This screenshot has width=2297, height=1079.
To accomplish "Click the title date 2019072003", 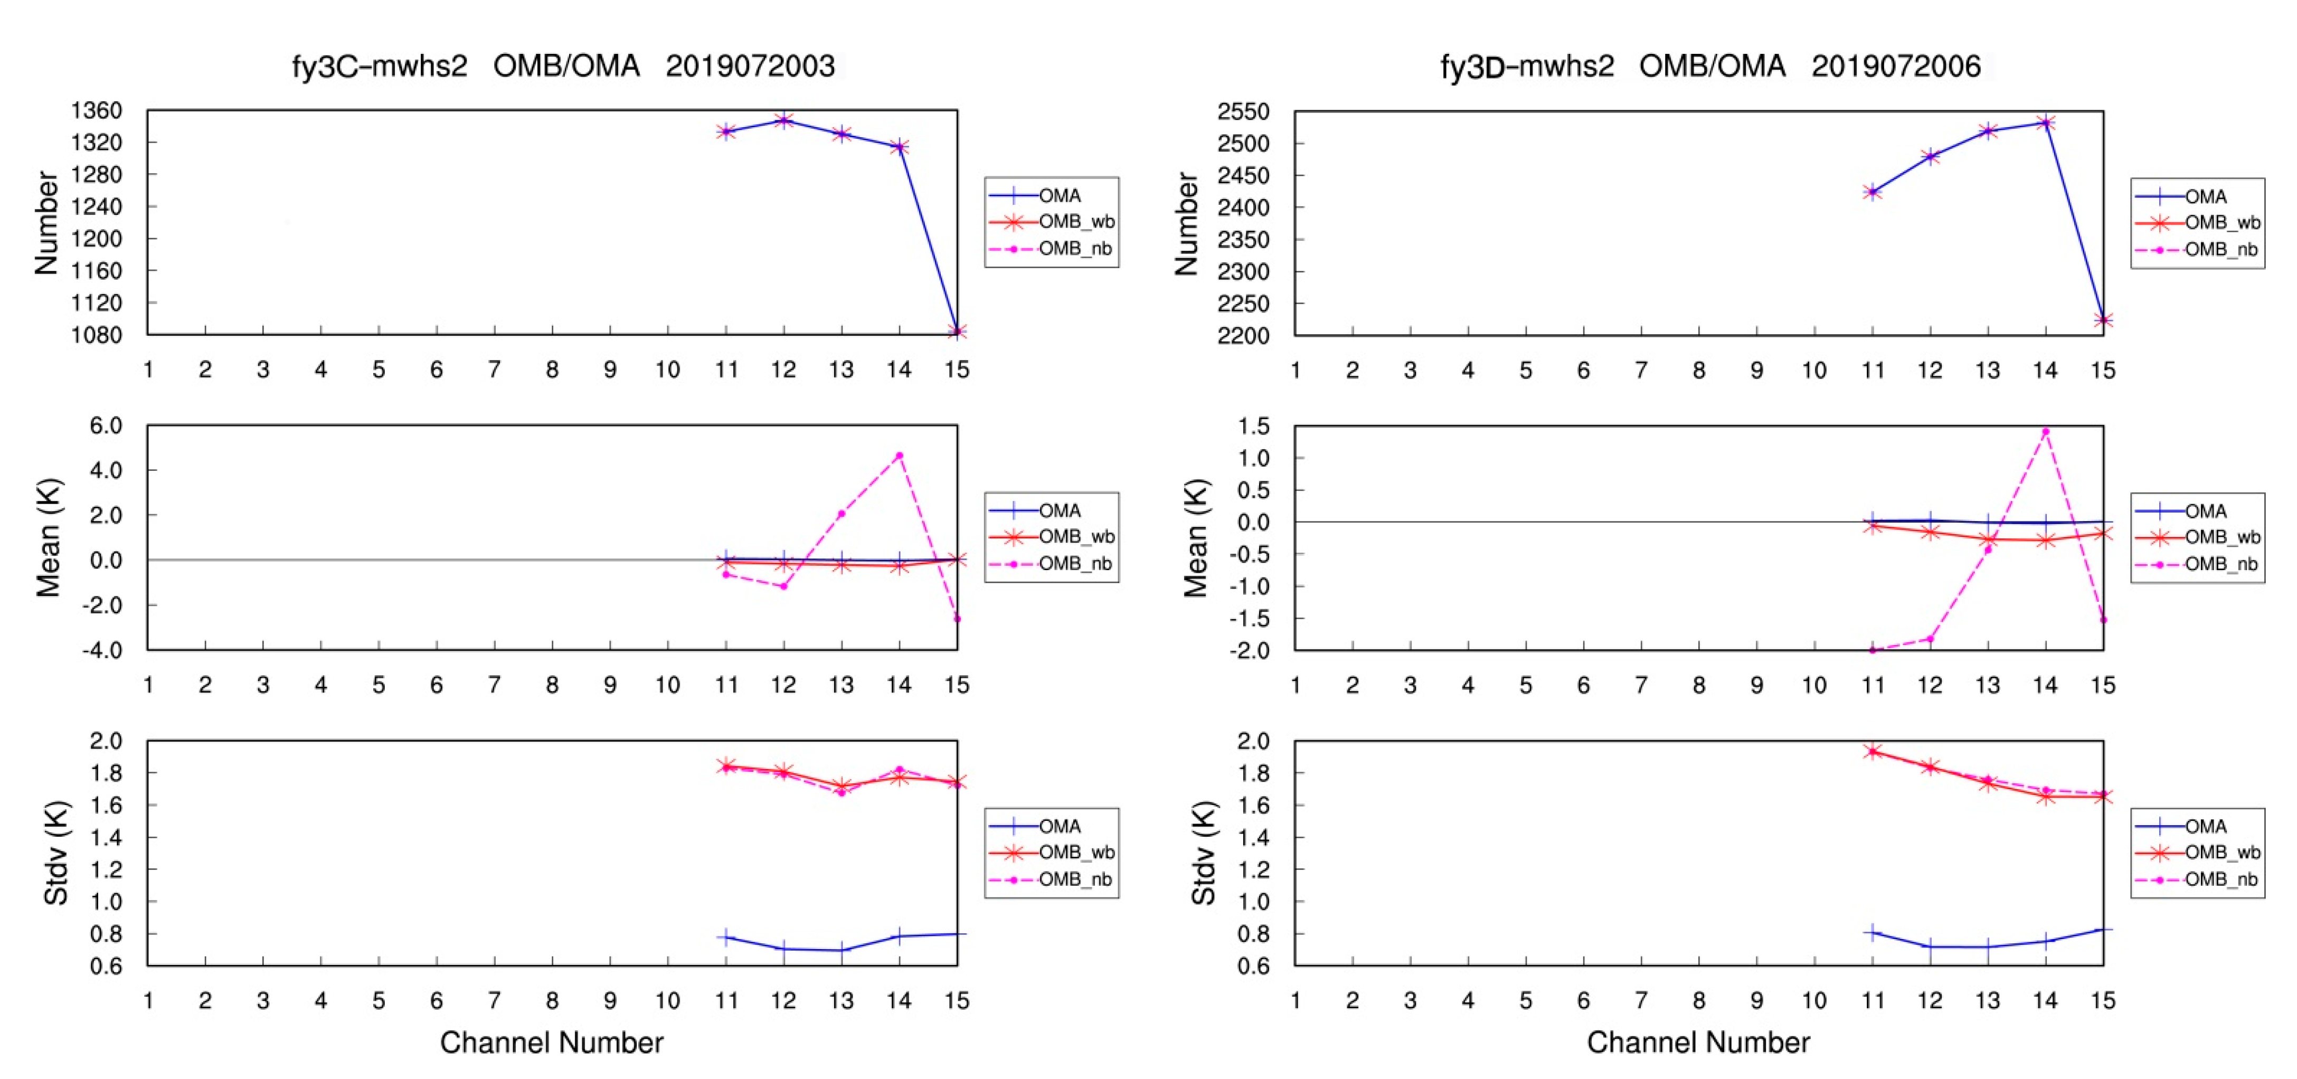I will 749,66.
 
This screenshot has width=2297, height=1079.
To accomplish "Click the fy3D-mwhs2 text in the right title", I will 1527,66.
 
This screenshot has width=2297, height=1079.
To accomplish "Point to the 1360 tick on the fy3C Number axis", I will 96,110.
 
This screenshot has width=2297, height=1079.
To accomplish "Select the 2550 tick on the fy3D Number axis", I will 1243,111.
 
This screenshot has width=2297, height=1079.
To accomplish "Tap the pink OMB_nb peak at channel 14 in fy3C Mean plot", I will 899,456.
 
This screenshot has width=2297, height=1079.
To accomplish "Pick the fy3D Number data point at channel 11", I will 1873,192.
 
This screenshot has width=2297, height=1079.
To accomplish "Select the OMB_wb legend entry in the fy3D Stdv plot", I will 2221,853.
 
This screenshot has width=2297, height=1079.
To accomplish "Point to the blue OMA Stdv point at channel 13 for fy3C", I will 841,950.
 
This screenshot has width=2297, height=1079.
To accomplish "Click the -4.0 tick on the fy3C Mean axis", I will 102,650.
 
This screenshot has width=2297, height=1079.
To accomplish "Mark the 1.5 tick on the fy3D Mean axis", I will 1253,426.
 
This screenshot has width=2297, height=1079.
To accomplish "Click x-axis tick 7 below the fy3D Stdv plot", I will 1641,1000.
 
